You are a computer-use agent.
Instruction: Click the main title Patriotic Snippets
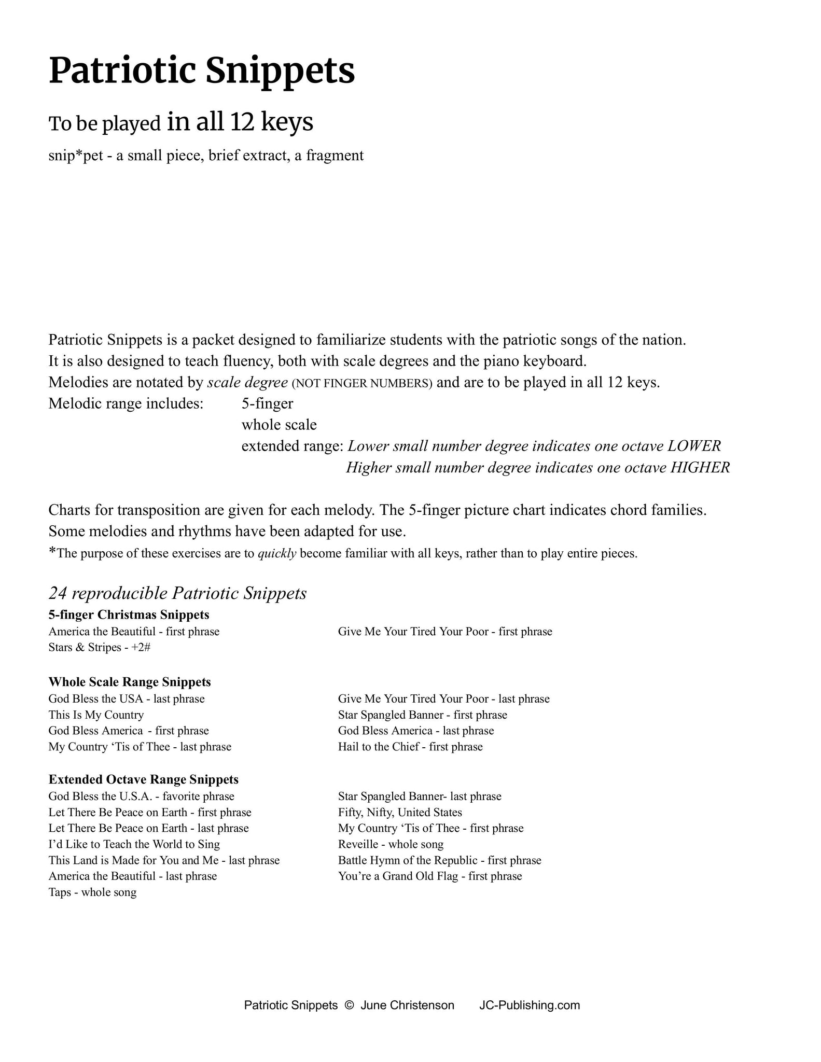202,71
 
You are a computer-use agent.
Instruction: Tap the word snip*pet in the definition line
76,155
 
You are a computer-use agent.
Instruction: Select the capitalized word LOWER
694,446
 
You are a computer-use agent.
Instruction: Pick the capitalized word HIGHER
700,468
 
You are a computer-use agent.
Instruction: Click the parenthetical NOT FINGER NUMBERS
361,384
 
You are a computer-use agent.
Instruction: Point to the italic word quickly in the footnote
277,553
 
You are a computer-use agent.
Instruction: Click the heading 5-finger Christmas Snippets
129,614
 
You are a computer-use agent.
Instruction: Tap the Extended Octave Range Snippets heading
144,779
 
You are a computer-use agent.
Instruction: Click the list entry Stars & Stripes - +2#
99,647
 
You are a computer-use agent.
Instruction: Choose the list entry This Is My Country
96,715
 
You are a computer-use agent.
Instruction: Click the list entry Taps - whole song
92,892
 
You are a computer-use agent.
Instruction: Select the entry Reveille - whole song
391,844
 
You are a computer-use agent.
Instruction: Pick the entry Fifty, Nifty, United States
400,812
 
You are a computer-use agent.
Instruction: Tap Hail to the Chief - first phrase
410,747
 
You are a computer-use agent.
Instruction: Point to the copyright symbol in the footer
349,1005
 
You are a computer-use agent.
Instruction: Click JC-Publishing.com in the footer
530,1005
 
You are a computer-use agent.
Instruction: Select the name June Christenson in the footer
407,1005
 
